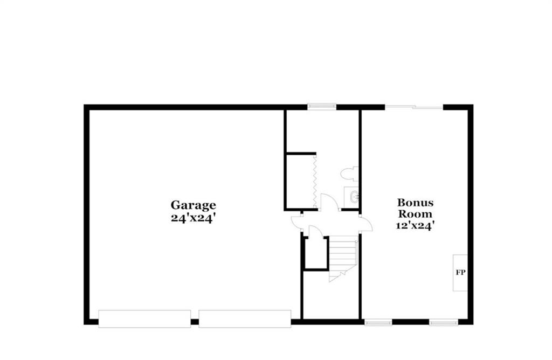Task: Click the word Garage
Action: (x=194, y=205)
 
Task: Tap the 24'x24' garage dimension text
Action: (x=193, y=218)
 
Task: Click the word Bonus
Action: (x=416, y=202)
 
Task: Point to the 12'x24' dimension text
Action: (x=415, y=225)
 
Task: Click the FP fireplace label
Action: (x=460, y=272)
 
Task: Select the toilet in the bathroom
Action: (x=349, y=174)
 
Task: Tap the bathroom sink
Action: (x=351, y=196)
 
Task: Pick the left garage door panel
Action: (x=144, y=319)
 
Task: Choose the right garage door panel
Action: (x=245, y=319)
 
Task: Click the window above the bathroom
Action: (x=322, y=106)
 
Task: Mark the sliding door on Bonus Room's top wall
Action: (x=414, y=107)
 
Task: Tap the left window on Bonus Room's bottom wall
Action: (x=378, y=322)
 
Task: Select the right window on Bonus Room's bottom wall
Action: (x=444, y=322)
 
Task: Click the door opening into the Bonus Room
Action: (x=365, y=223)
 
